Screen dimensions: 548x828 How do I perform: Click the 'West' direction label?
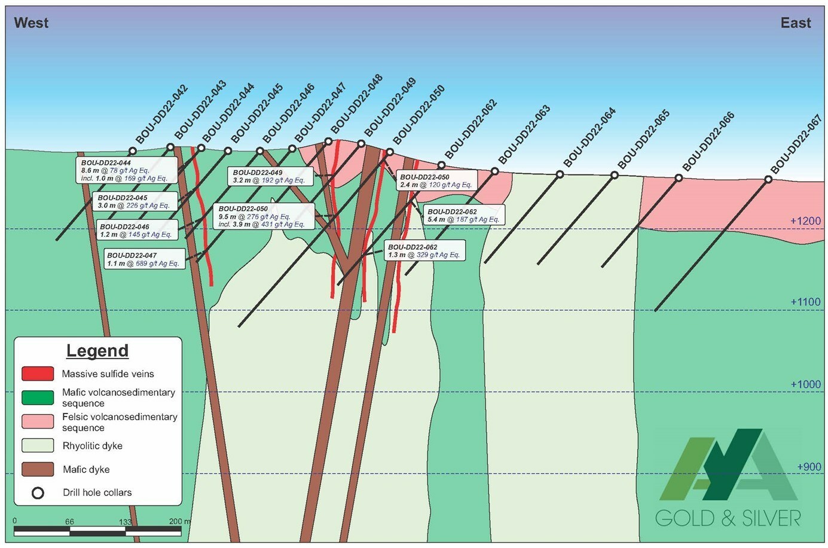31,23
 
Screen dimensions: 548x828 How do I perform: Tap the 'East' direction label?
796,23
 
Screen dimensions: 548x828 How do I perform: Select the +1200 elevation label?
805,221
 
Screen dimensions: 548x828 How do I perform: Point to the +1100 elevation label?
805,302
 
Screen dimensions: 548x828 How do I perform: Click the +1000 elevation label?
805,384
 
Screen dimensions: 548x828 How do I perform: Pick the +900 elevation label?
809,467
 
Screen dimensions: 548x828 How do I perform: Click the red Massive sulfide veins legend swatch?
38,374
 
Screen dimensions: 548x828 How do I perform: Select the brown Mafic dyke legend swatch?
38,469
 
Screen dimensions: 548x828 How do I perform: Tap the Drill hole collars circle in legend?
38,493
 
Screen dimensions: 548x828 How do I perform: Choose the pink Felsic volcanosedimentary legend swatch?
38,421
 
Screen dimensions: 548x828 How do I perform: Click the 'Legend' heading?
97,351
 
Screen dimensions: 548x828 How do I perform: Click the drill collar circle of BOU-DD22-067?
769,179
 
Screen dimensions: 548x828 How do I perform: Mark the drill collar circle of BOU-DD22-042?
133,151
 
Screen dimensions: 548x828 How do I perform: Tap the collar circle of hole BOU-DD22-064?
560,174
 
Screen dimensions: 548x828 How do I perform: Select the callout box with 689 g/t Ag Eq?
143,259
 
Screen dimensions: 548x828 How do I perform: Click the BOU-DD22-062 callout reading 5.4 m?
463,215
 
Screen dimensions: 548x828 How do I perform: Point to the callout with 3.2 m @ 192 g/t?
269,176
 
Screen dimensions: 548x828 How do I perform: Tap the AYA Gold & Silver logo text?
728,518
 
